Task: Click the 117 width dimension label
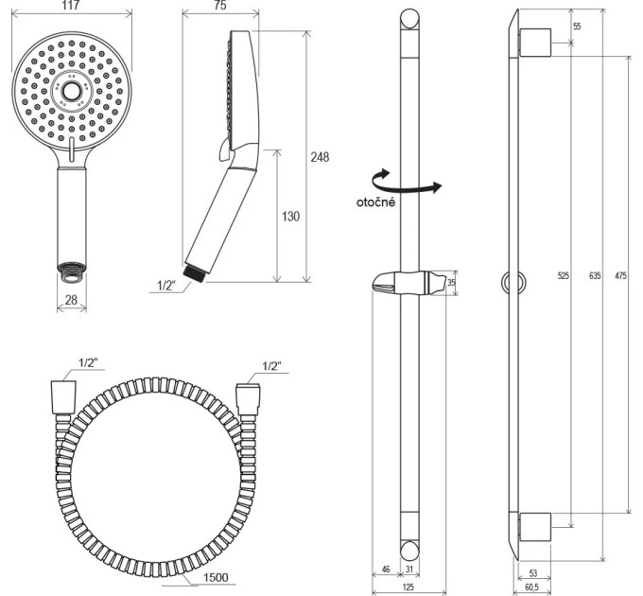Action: coord(72,5)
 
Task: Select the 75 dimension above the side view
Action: coord(219,5)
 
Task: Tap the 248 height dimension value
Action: coord(320,157)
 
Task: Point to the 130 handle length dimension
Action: coord(290,216)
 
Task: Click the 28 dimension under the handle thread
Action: coord(71,300)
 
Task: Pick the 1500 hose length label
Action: coord(216,577)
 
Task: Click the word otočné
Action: coord(376,202)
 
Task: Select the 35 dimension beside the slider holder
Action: coord(451,282)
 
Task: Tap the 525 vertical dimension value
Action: coord(564,275)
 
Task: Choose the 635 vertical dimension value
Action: coord(595,275)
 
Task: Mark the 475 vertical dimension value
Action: coord(621,275)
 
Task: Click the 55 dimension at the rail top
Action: coord(577,26)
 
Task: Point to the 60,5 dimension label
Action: coord(531,587)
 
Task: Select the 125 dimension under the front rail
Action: coord(408,587)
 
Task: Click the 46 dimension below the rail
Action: coord(386,569)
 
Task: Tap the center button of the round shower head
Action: coord(71,91)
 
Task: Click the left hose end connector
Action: coord(63,397)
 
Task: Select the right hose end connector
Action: coord(248,399)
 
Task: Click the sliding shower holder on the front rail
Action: coord(408,283)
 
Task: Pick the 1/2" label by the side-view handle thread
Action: coord(166,286)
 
